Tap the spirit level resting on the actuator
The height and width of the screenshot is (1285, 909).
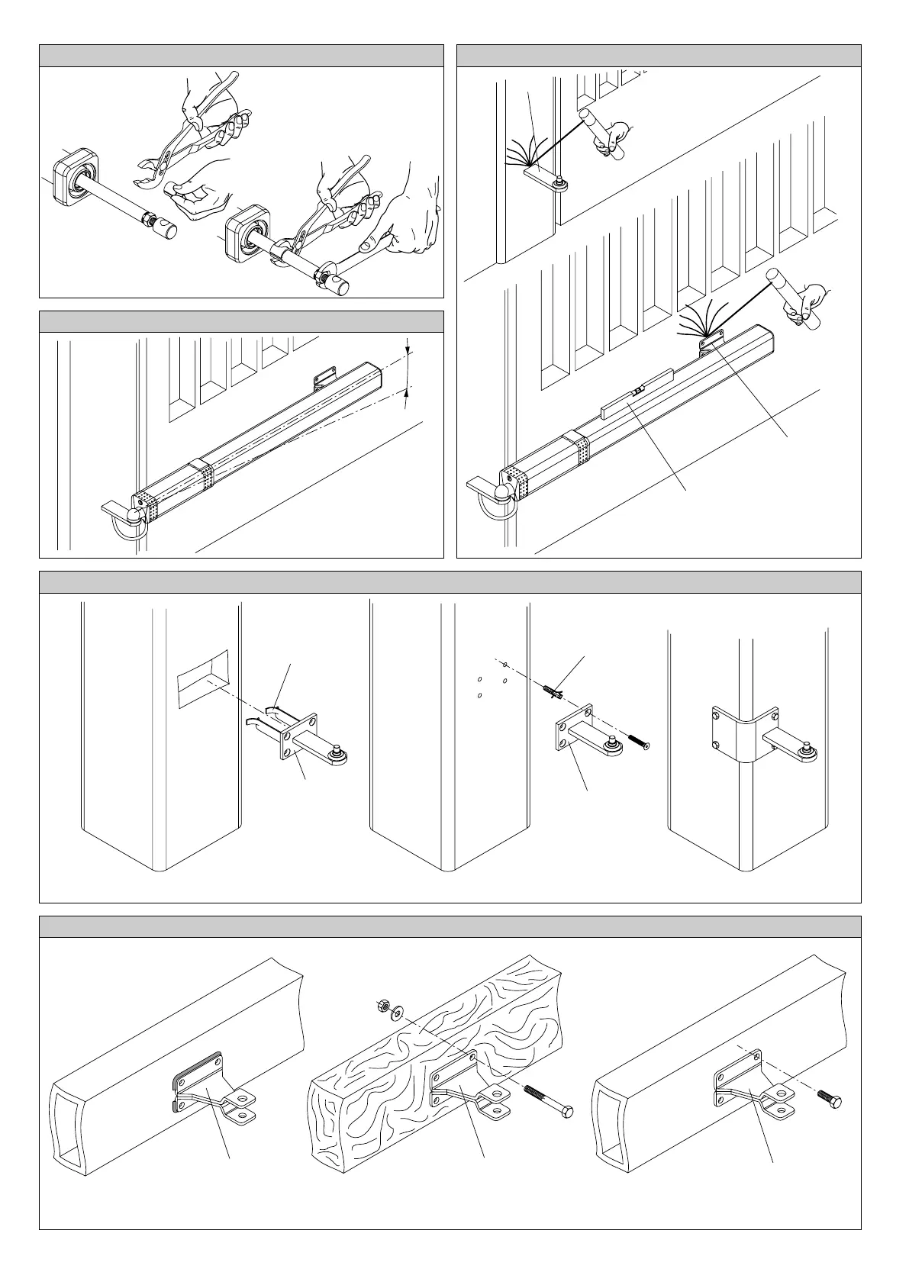pyautogui.click(x=637, y=395)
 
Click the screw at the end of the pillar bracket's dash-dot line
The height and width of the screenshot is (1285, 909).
pyautogui.click(x=638, y=742)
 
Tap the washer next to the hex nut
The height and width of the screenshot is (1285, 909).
pyautogui.click(x=395, y=1013)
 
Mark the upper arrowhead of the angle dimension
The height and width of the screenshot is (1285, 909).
pyautogui.click(x=408, y=349)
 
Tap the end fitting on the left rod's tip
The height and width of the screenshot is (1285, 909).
pyautogui.click(x=163, y=226)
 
